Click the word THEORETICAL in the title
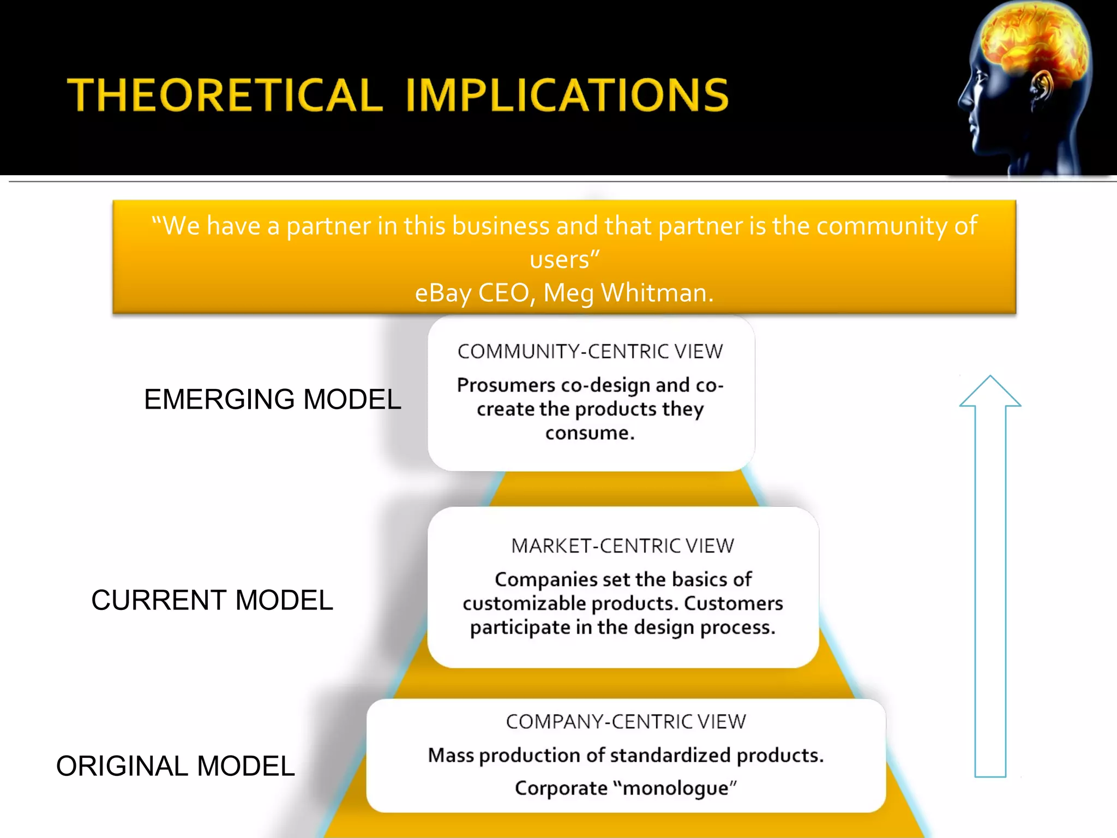[225, 95]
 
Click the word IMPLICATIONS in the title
[567, 95]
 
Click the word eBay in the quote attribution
[444, 293]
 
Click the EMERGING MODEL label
[272, 399]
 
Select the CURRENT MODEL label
[212, 600]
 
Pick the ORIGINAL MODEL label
[175, 766]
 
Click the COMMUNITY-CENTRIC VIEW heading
[590, 352]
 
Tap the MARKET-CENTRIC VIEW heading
[622, 546]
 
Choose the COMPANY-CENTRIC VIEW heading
[626, 722]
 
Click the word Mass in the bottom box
[451, 756]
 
